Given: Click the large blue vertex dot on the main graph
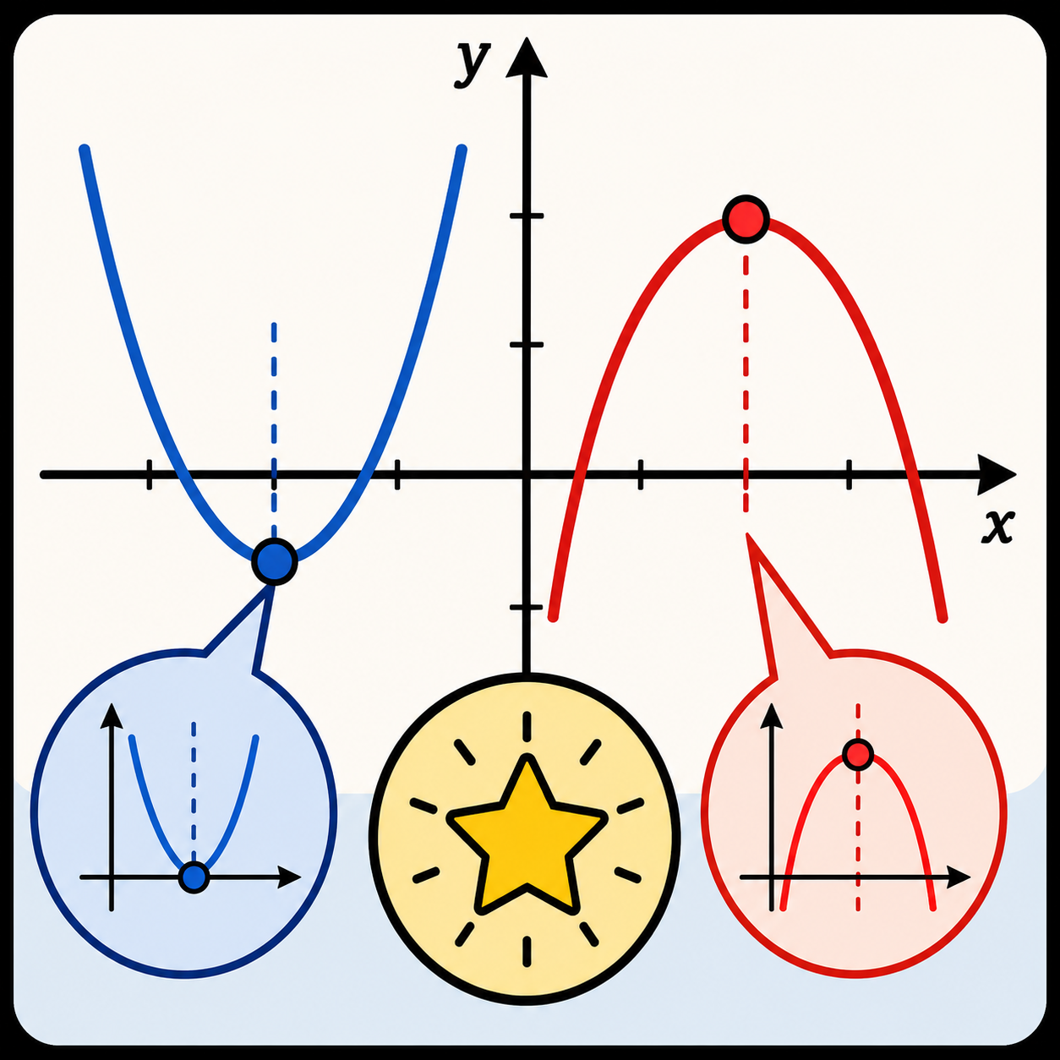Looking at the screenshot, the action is [275, 561].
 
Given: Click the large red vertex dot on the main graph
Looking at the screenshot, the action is [746, 218].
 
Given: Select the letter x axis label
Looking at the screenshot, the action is [997, 527].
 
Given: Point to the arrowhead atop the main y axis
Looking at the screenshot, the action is [527, 57].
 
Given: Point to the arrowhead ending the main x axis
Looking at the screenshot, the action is [996, 474].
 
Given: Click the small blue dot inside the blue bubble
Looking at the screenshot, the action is [194, 877].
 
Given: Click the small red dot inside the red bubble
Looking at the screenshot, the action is [858, 754].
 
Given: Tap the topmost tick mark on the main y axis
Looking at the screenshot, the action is [527, 216].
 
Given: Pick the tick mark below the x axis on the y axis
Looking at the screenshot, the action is [527, 607].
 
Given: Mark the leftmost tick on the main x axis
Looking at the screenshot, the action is [150, 474].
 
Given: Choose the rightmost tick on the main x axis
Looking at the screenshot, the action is [849, 474].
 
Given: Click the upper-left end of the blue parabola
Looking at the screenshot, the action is [85, 150].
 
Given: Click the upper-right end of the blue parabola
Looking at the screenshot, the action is [462, 150].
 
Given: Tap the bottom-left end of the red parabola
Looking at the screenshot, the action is [553, 617].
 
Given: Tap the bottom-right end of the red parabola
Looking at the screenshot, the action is [943, 618].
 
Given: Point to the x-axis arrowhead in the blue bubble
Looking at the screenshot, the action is [289, 877].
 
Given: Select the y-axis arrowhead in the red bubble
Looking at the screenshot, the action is [771, 716].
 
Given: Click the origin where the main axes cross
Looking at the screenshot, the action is [527, 474].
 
